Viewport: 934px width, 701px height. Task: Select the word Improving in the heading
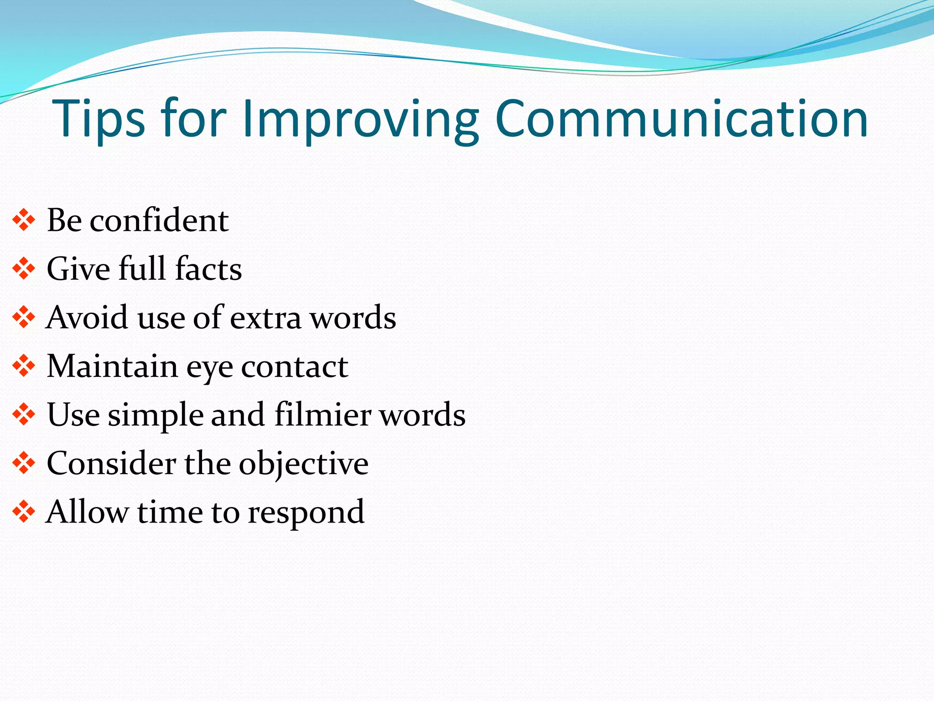pos(360,120)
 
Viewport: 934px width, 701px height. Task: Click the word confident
pos(159,220)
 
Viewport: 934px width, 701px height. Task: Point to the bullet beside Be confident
pos(24,221)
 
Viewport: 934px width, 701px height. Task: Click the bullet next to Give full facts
pos(24,269)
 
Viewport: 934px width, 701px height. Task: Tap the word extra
pos(265,318)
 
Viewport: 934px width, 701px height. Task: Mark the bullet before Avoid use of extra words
pos(24,318)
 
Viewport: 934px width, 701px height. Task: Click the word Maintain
pos(112,366)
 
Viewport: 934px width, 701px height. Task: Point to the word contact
pos(294,367)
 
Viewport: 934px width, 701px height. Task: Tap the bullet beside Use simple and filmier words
pos(24,415)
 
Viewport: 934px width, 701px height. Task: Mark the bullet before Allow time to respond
pos(24,512)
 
